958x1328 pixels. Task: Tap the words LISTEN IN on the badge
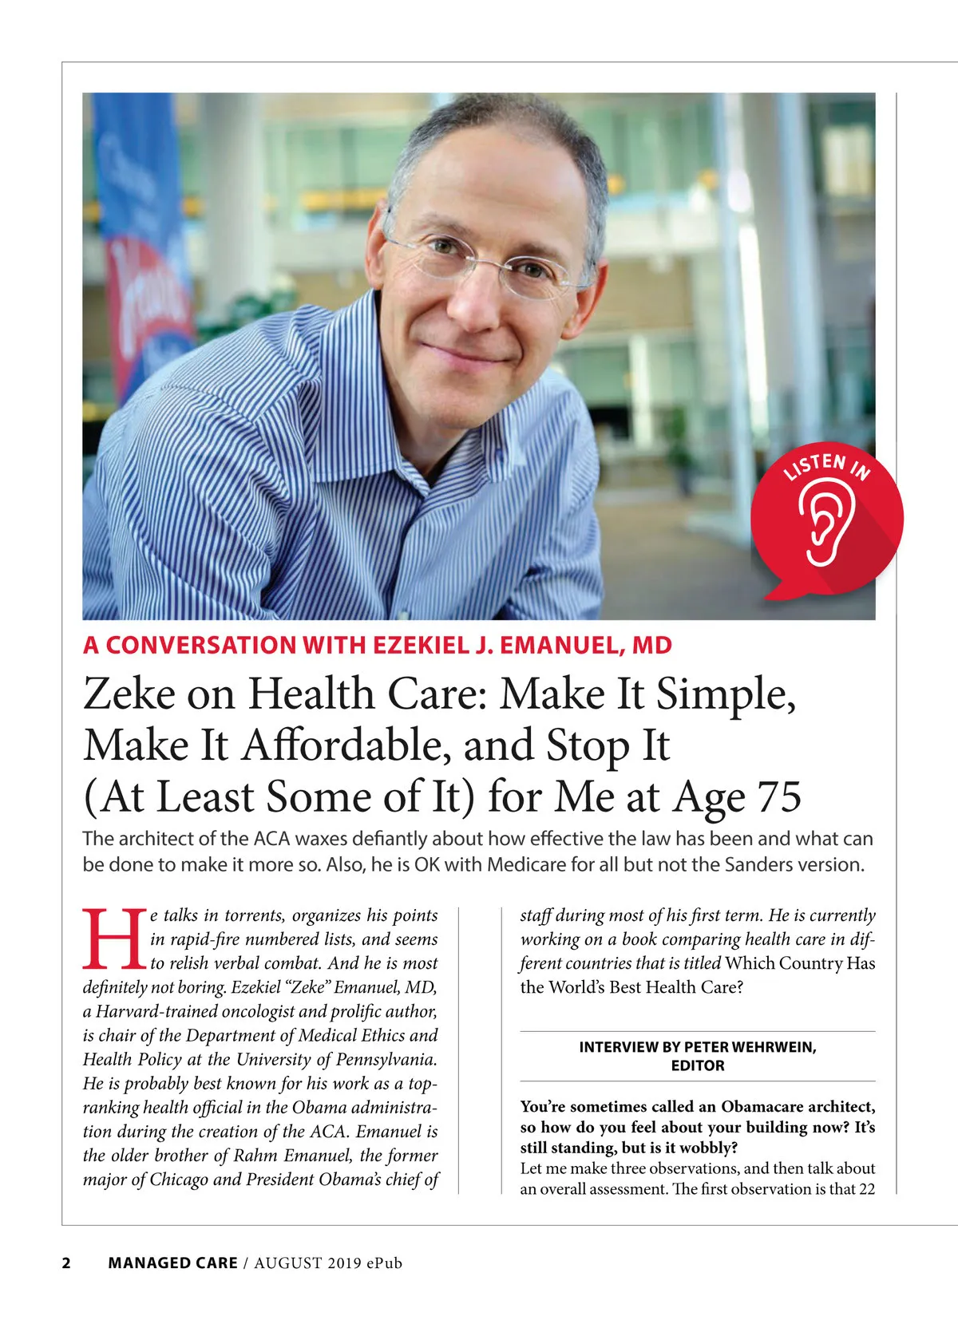pyautogui.click(x=827, y=465)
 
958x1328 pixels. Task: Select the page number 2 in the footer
pyautogui.click(x=66, y=1263)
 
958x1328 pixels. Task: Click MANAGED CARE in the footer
pyautogui.click(x=172, y=1263)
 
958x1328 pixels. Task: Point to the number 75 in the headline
pyautogui.click(x=778, y=796)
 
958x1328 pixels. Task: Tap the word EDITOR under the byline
pyautogui.click(x=698, y=1065)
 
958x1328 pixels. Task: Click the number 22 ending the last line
pyautogui.click(x=866, y=1188)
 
